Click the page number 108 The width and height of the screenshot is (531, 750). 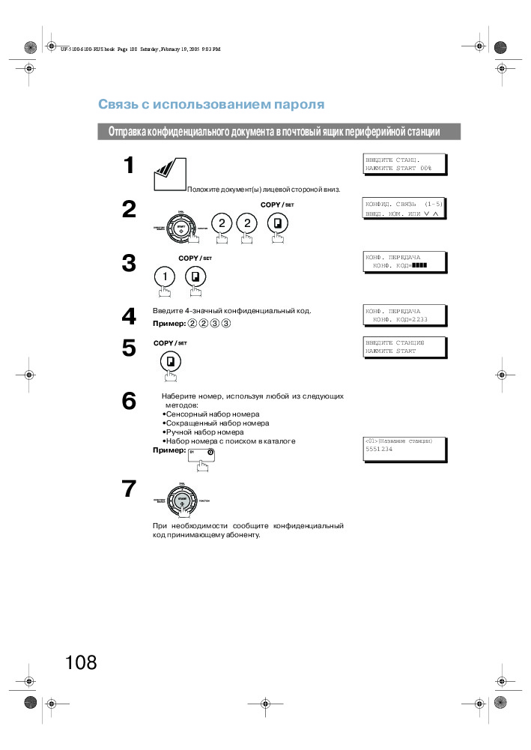(x=81, y=662)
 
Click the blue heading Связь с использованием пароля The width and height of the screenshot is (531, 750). (x=211, y=104)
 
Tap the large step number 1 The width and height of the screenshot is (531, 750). (x=130, y=166)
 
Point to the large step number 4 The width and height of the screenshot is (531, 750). (x=130, y=317)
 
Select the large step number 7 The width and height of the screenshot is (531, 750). (x=130, y=489)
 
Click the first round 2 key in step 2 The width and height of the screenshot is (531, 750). (x=221, y=223)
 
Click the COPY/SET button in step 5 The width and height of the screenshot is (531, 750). (x=171, y=362)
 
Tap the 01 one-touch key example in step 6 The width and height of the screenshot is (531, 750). (x=201, y=454)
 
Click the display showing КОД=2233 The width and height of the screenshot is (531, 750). (x=404, y=315)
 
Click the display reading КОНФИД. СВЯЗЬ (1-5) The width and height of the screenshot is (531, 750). (x=404, y=208)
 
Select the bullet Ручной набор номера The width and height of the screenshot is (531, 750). (x=202, y=432)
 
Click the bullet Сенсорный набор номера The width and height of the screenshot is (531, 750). (x=210, y=414)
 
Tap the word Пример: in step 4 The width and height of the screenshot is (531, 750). (x=169, y=323)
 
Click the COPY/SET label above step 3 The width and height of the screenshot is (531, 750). (x=195, y=258)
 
